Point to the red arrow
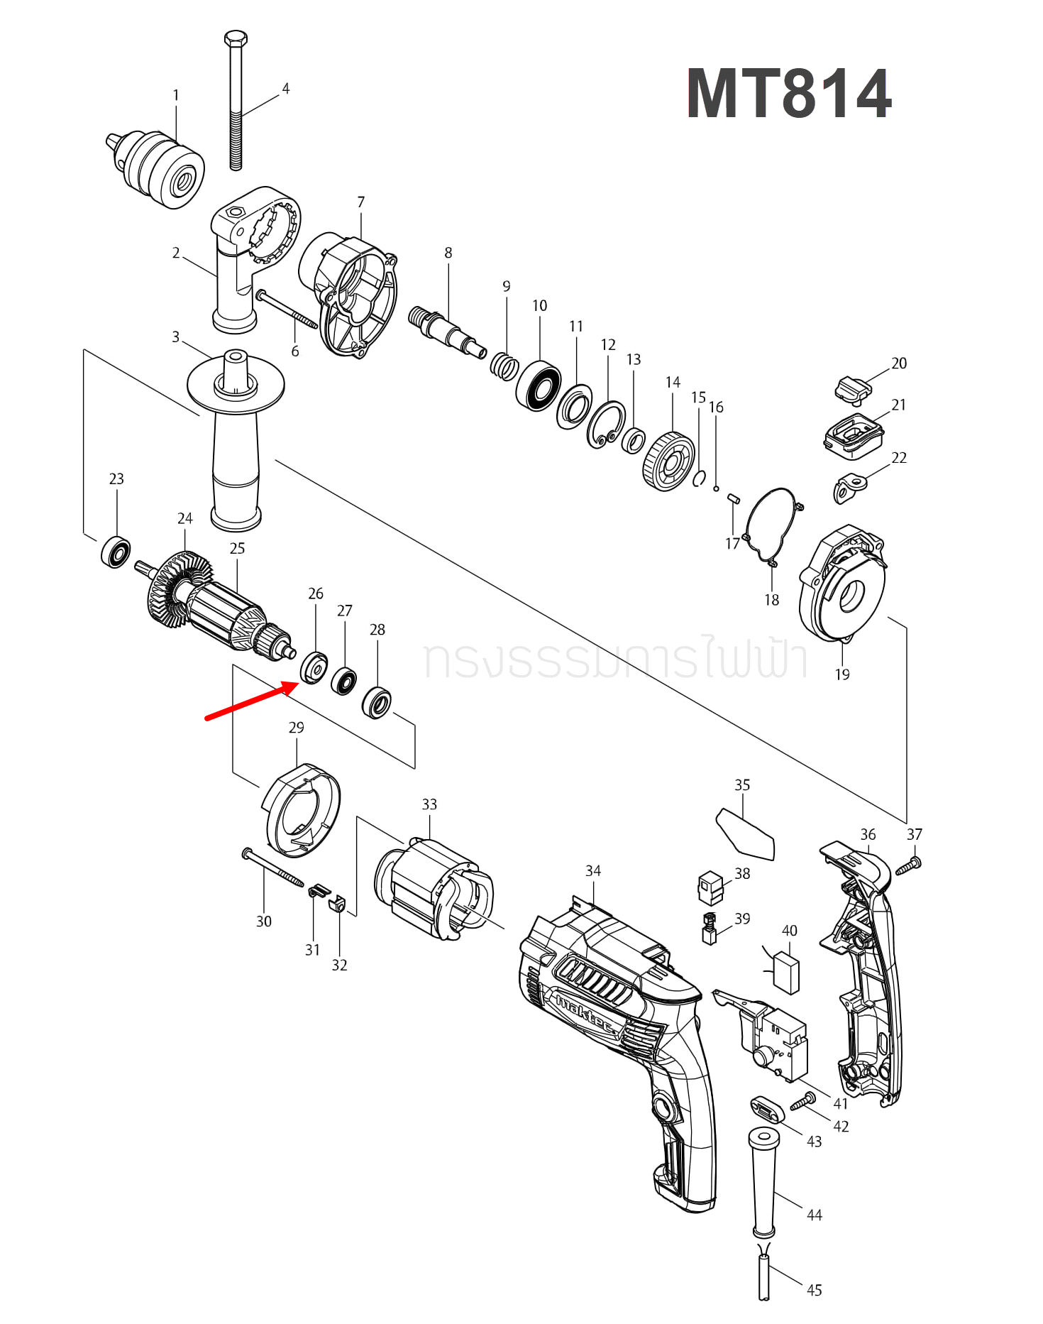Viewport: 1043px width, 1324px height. point(252,700)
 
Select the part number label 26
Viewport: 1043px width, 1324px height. point(316,593)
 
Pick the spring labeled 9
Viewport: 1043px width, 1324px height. point(504,366)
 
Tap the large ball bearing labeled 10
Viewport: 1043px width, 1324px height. point(539,386)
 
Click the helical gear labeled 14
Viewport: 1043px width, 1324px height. point(669,461)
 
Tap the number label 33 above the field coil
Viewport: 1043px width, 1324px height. point(429,804)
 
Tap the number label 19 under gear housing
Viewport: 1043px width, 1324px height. point(842,674)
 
